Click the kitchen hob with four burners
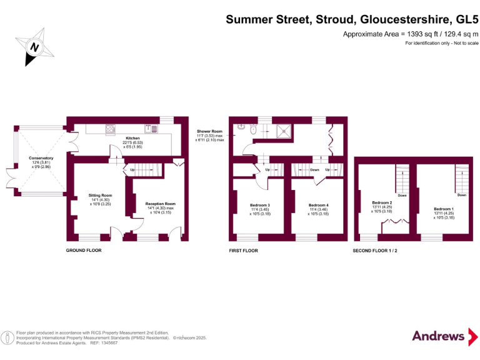111,130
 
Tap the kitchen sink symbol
151,129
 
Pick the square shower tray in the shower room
284,130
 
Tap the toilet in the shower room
253,129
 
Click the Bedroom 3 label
259,205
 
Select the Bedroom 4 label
319,205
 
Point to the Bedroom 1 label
444,209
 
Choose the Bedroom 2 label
382,202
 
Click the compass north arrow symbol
35,46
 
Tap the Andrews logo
439,336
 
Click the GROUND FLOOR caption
84,250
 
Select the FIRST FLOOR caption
243,250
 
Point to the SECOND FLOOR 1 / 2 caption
375,250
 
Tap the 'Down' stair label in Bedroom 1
461,195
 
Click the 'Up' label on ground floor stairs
132,169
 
